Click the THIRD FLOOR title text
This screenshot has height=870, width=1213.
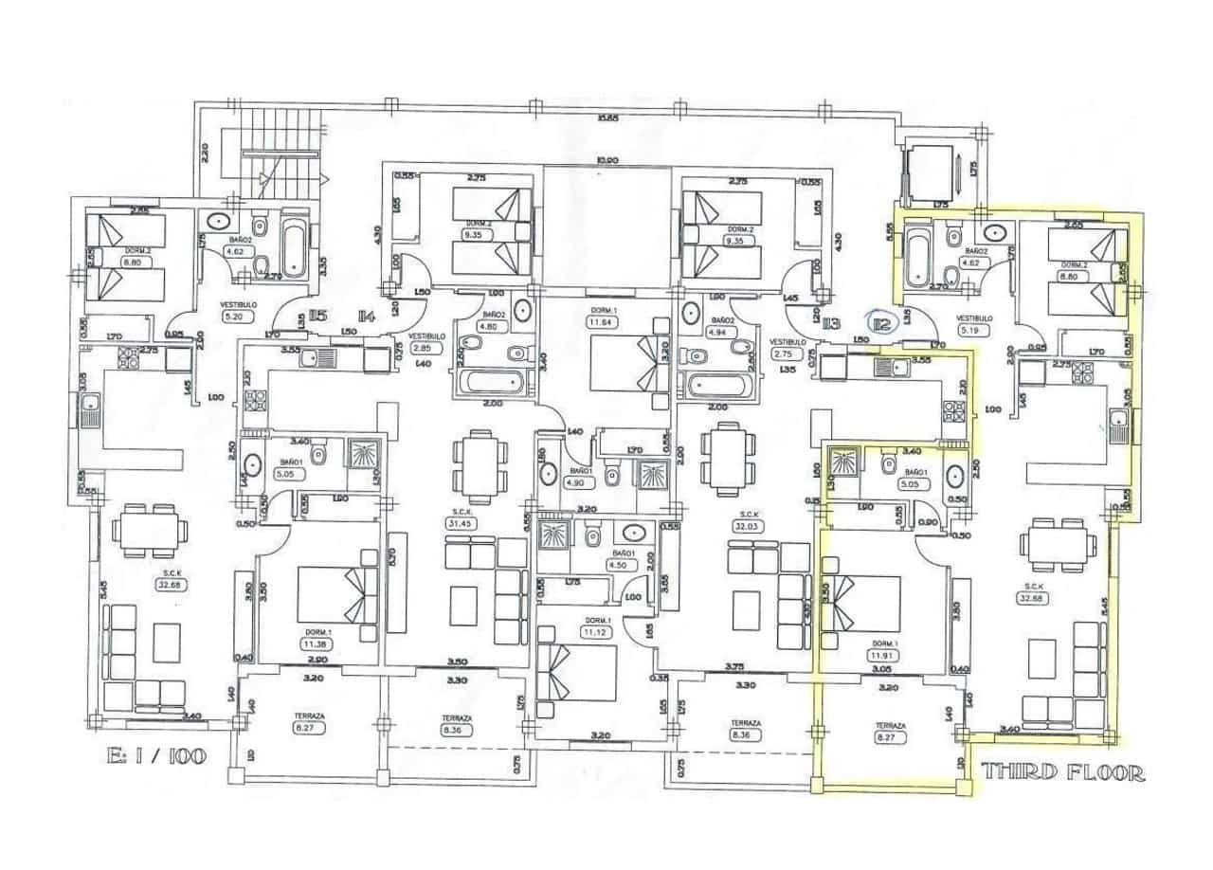[x=1062, y=771]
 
